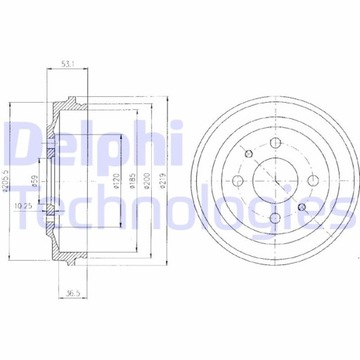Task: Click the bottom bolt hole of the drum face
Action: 274,218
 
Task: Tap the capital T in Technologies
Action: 20,206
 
